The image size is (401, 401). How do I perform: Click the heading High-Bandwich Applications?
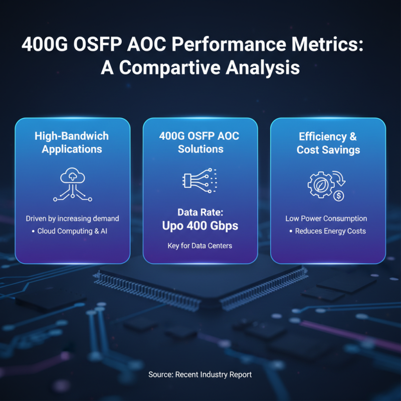coord(72,143)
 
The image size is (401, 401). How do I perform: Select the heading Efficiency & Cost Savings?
coord(328,143)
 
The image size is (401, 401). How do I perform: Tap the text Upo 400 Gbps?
coord(200,226)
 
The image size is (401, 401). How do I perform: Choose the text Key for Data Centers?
coord(200,246)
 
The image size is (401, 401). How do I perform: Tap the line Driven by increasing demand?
coord(72,219)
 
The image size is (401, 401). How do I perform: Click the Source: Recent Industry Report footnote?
coord(200,374)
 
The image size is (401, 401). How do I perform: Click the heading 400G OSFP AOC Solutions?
coord(200,143)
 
